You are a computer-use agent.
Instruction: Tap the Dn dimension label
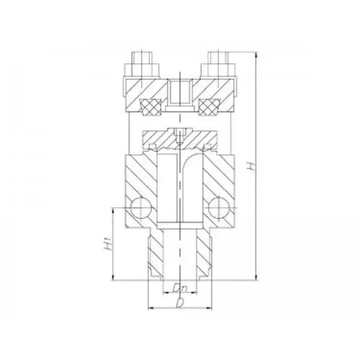point(180,287)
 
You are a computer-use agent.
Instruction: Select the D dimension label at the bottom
point(179,303)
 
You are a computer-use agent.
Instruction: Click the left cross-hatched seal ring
point(152,107)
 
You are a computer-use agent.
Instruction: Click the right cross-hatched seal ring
point(208,107)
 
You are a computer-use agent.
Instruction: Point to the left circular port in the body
point(140,208)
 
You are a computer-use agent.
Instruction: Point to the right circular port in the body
point(219,208)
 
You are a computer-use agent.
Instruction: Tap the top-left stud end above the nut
point(141,58)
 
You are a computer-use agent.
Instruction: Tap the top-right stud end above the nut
point(218,58)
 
